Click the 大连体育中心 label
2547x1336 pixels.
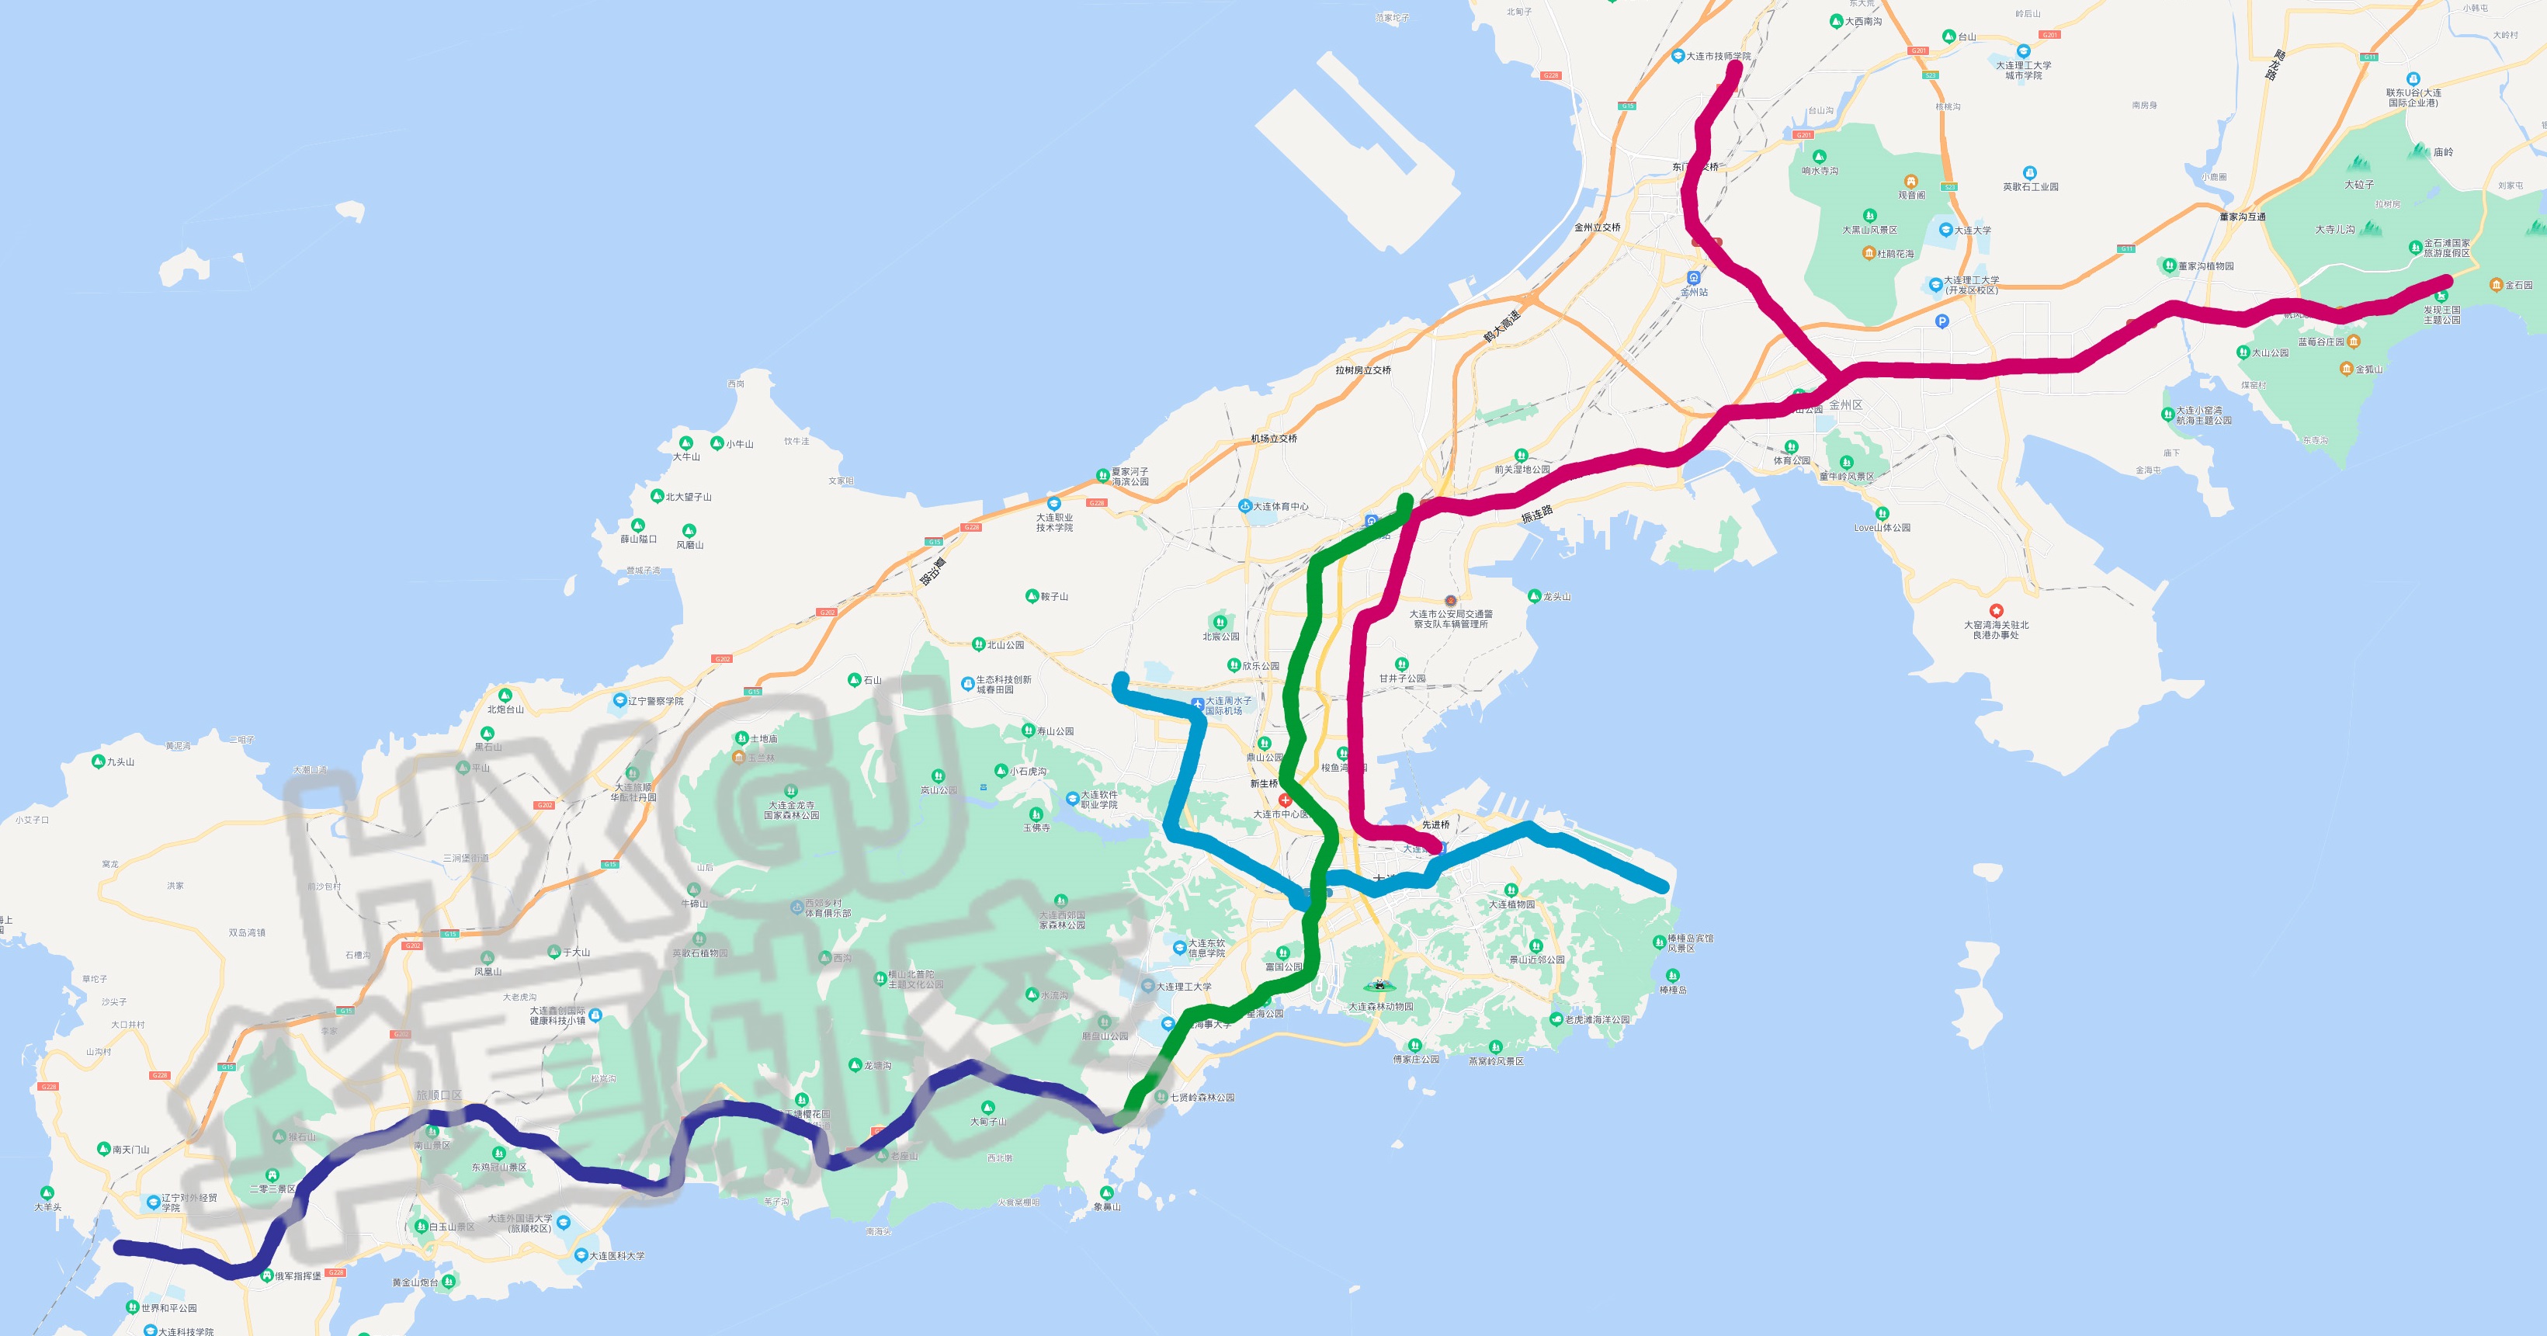coord(1280,506)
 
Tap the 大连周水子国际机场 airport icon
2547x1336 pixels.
coord(1199,704)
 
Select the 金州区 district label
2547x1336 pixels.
coord(1845,405)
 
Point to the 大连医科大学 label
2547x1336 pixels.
coord(617,1256)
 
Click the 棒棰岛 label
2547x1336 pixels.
coord(1673,990)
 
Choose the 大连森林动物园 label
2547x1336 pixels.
coord(1380,1007)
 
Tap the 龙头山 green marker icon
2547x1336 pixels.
coord(1535,596)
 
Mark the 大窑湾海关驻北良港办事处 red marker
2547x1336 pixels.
coord(1997,611)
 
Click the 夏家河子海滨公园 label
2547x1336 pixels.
coord(1130,477)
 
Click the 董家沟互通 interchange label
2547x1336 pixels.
coord(2243,217)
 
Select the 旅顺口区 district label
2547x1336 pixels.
coord(439,1095)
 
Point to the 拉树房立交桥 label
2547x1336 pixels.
coord(1362,370)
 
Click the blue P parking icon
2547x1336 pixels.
coord(1942,321)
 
